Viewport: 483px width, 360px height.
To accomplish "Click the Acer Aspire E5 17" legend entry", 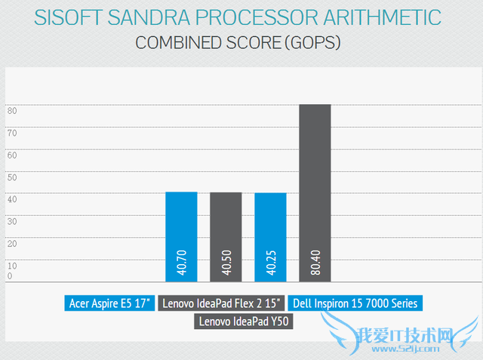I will click(110, 303).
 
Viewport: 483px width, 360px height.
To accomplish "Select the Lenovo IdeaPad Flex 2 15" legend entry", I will click(222, 303).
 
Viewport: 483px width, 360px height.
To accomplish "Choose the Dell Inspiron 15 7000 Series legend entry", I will click(354, 303).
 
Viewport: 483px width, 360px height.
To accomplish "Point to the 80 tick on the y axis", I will click(12, 111).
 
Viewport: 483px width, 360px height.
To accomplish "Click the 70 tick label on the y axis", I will click(12, 133).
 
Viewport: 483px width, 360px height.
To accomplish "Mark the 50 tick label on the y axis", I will click(12, 177).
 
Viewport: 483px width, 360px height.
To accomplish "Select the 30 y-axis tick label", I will click(12, 222).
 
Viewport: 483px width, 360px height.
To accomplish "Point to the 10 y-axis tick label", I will click(12, 266).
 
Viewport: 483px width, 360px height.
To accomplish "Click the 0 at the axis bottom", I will click(11, 276).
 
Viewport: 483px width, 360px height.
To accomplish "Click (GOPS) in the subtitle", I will click(316, 42).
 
